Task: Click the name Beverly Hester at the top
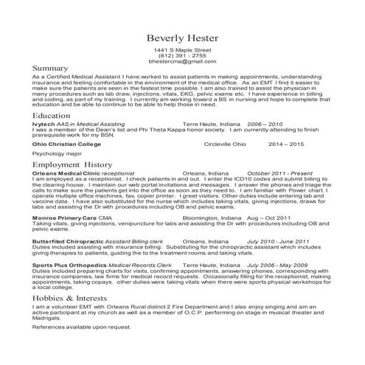pyautogui.click(x=182, y=38)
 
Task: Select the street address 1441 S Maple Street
pyautogui.click(x=182, y=49)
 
